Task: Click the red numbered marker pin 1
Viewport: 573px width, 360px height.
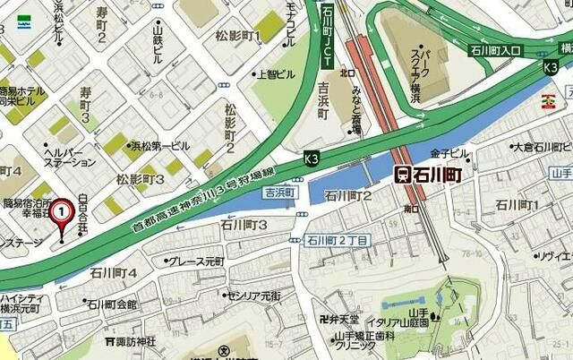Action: [60, 215]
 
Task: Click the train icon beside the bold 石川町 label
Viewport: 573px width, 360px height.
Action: [403, 174]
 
